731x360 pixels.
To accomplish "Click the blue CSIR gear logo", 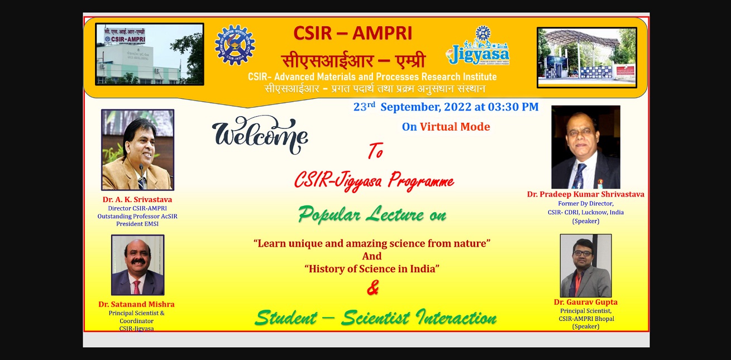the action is [x=235, y=45].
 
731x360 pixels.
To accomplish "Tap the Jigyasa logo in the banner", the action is [x=478, y=46].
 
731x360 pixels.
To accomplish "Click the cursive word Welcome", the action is [x=260, y=135].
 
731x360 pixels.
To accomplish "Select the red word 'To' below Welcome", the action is [x=376, y=151].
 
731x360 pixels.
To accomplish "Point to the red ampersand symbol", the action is [x=372, y=287].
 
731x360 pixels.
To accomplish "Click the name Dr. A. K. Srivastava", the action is [x=137, y=200].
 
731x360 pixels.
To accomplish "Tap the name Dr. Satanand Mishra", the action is [x=136, y=304].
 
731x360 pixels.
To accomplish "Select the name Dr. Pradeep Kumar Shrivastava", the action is [x=586, y=194].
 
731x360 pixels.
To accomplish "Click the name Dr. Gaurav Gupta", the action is [x=585, y=302].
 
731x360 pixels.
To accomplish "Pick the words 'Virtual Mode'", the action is [x=455, y=127].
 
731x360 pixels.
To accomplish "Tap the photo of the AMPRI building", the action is [x=150, y=54].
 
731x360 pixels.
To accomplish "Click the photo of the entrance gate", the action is [x=587, y=57].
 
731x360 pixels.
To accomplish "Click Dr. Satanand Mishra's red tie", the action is [x=137, y=287].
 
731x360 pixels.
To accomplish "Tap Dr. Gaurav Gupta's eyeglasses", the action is [x=582, y=253].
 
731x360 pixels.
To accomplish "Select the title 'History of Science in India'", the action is [x=372, y=269].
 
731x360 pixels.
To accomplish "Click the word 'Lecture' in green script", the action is [x=395, y=214].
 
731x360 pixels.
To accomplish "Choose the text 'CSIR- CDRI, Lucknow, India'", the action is [x=586, y=212].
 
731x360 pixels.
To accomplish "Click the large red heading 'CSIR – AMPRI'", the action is [x=353, y=33].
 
